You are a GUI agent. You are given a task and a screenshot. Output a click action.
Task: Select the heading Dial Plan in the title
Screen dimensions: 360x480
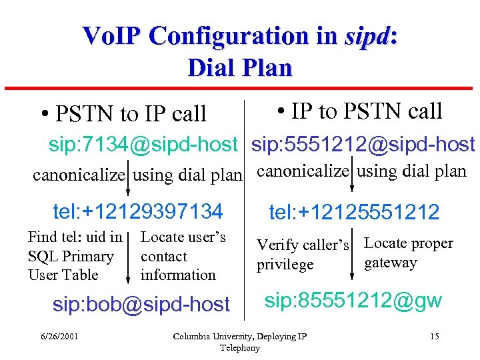coord(240,67)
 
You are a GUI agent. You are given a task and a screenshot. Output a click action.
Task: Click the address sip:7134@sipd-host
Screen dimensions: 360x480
coord(143,145)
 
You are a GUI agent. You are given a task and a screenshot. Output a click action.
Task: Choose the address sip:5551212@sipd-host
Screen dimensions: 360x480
coord(363,145)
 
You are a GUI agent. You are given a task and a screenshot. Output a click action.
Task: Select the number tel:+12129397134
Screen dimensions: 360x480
coord(137,212)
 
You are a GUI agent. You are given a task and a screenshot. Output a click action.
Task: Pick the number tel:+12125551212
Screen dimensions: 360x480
coord(354,213)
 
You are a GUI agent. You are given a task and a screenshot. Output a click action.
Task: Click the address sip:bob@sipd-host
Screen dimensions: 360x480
coord(141,305)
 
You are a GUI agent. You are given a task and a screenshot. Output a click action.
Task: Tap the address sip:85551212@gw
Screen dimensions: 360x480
coord(353,301)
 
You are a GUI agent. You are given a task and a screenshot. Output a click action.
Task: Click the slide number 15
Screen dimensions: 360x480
coord(434,336)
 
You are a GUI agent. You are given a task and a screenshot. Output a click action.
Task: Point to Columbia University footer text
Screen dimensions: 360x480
coord(239,336)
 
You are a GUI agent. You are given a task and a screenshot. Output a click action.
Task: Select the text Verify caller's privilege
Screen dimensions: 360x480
coord(303,255)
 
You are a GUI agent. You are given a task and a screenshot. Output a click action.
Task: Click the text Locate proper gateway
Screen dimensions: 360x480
coord(408,253)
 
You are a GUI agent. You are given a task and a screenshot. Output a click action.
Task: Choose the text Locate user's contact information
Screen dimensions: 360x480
coord(183,256)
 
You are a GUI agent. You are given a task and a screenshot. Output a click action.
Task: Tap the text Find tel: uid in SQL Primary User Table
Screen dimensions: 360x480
coord(75,256)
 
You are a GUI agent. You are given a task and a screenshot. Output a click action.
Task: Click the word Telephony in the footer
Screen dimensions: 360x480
coord(239,348)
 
